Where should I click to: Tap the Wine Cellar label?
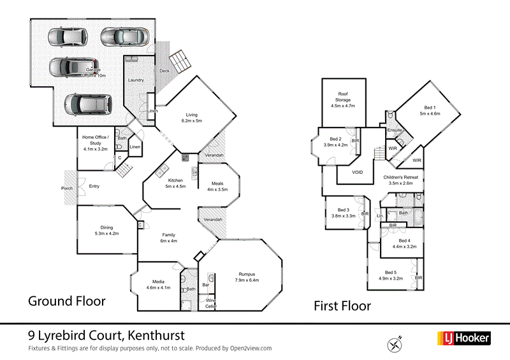[209, 303]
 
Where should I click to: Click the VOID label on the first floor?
[358, 172]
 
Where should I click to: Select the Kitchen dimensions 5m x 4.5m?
[175, 187]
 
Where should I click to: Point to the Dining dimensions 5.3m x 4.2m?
[106, 233]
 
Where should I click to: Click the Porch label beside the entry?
[67, 188]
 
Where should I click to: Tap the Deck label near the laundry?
[164, 71]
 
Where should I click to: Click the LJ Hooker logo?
[463, 338]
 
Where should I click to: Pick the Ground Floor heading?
[66, 300]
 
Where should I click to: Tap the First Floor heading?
[342, 306]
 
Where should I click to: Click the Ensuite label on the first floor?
[394, 130]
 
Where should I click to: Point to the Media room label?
[159, 281]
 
